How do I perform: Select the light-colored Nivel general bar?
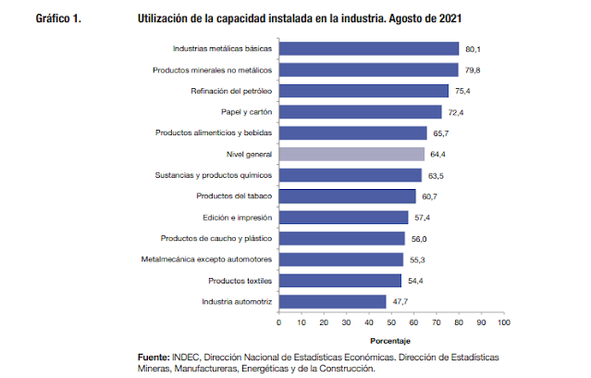[x=351, y=155]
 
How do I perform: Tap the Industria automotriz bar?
[x=332, y=302]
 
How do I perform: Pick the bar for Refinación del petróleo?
[x=363, y=91]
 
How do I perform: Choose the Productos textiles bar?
[x=339, y=281]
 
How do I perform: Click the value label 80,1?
[x=474, y=49]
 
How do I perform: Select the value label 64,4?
[x=438, y=155]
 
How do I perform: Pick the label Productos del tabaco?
[x=234, y=196]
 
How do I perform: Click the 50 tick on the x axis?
[x=391, y=322]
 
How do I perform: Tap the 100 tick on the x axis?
[x=503, y=322]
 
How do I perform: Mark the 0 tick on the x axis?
[x=278, y=322]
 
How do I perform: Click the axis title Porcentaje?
[x=390, y=340]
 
